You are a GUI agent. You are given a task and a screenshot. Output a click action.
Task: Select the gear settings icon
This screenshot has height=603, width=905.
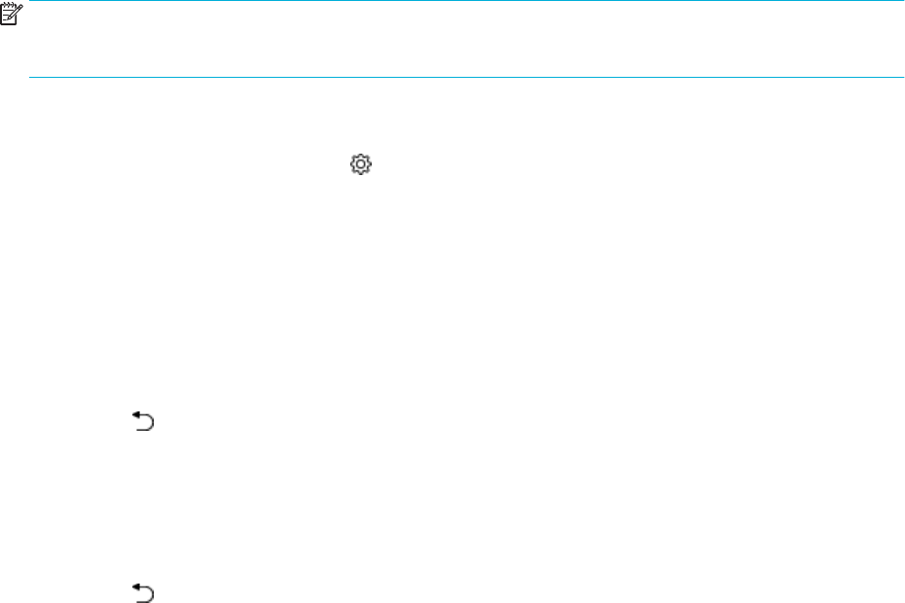click(x=361, y=166)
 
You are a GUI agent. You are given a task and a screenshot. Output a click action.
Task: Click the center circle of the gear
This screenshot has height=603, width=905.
click(x=361, y=166)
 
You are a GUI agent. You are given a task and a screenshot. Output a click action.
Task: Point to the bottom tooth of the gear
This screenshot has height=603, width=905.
click(x=361, y=175)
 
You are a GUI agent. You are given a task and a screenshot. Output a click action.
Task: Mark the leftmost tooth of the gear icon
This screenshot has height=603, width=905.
click(x=352, y=166)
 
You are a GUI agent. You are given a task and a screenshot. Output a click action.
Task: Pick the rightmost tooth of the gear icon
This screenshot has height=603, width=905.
click(x=370, y=166)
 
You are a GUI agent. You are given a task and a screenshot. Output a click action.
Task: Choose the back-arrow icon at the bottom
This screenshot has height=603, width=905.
click(x=144, y=591)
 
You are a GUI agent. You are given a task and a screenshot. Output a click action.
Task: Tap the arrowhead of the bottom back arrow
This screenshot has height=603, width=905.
click(x=136, y=585)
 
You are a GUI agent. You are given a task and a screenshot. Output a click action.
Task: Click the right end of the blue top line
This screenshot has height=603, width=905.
click(x=902, y=2)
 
